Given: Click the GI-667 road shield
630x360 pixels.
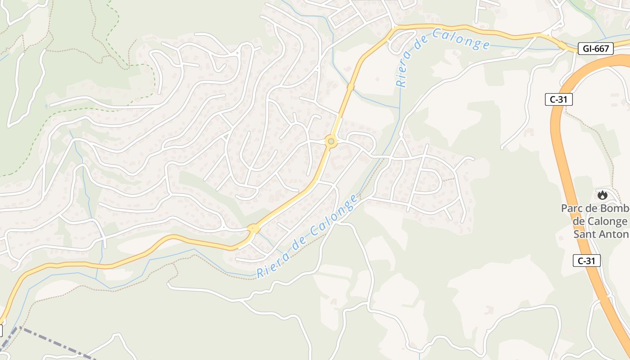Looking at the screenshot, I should click(x=595, y=49).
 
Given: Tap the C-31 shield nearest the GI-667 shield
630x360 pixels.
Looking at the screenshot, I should click(x=558, y=100).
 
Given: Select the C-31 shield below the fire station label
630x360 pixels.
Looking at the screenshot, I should click(x=587, y=261).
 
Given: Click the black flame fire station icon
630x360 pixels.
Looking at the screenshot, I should click(x=602, y=195).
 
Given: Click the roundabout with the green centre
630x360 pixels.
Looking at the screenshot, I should click(x=331, y=142).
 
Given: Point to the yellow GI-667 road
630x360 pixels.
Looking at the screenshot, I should click(x=288, y=202).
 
